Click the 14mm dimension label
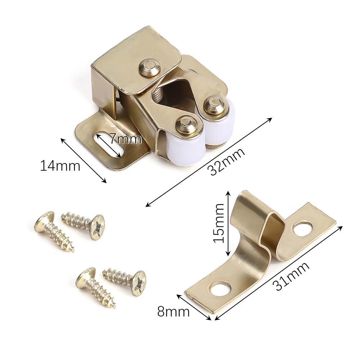pyautogui.click(x=60, y=166)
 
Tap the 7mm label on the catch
pyautogui.click(x=125, y=139)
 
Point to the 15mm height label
pyautogui.click(x=219, y=223)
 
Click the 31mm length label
pyautogui.click(x=291, y=276)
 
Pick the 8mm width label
pyautogui.click(x=174, y=311)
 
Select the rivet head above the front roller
pyautogui.click(x=186, y=125)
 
